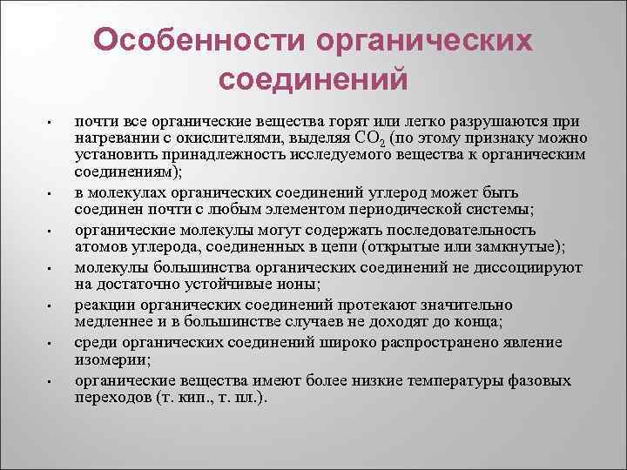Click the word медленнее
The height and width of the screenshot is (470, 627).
tap(113, 322)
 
